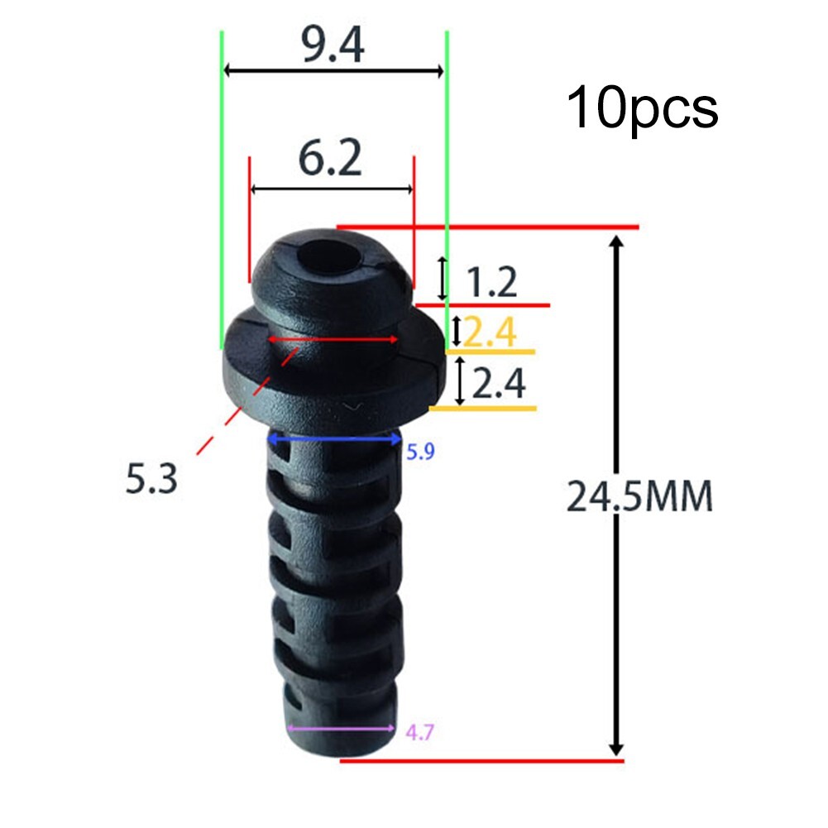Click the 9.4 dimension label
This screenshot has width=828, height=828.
(333, 47)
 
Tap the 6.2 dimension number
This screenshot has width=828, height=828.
(330, 160)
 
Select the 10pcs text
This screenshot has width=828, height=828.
(642, 108)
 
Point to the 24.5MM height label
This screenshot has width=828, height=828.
(639, 498)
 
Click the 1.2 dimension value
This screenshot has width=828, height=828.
(491, 282)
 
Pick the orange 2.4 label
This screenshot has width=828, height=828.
(491, 333)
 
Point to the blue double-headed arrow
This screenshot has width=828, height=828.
(334, 440)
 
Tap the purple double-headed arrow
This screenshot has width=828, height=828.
(341, 729)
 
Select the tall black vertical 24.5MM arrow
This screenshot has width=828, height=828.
(615, 496)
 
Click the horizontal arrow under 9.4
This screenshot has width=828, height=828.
(334, 71)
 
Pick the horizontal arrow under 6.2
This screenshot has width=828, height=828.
(331, 189)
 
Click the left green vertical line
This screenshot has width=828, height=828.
(221, 190)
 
